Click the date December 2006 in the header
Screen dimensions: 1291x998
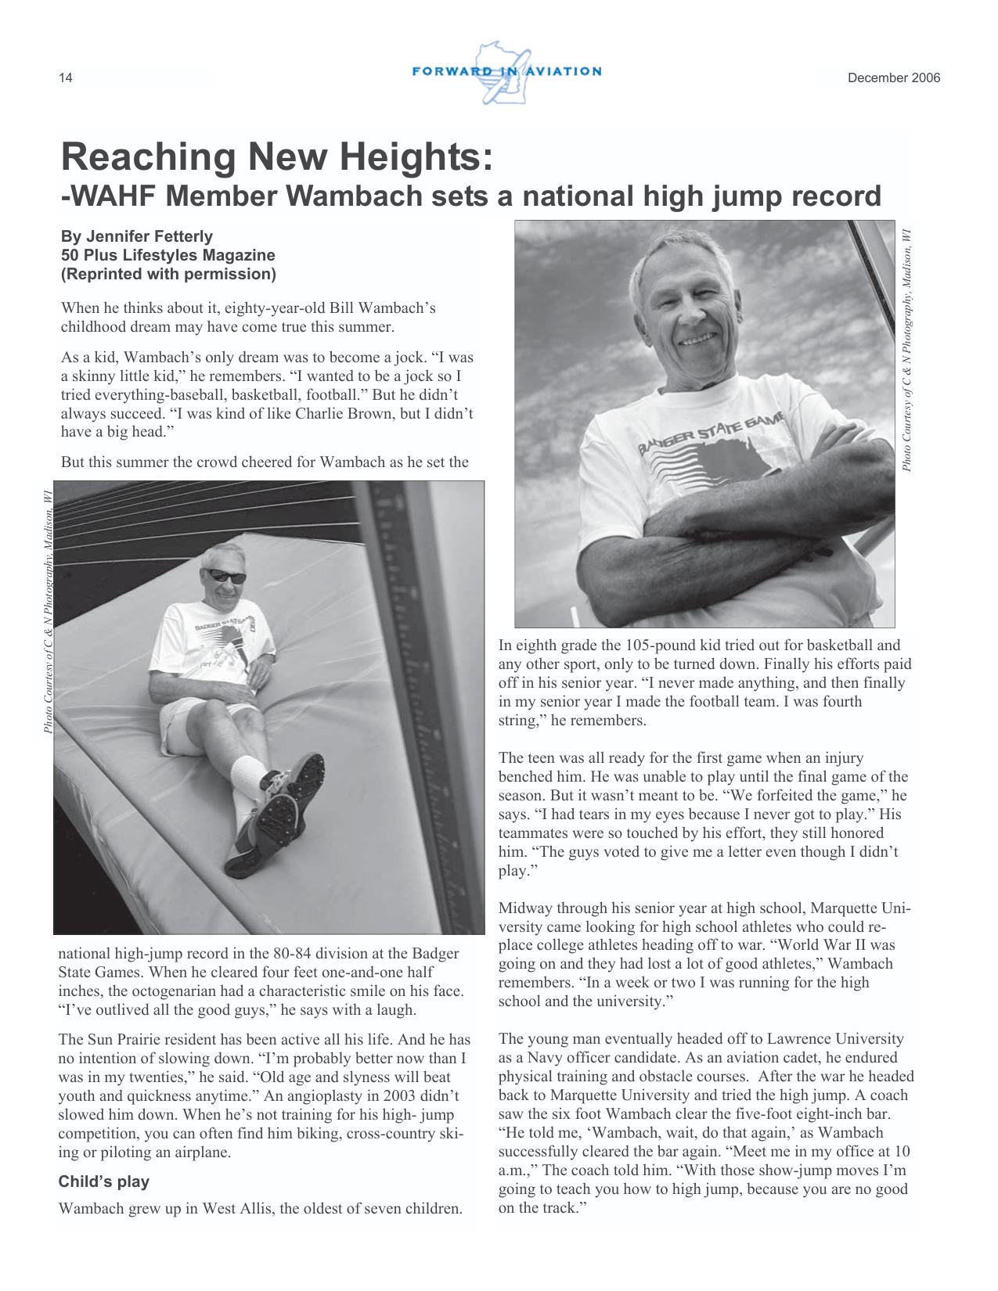pyautogui.click(x=894, y=78)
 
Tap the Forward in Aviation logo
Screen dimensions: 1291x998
pyautogui.click(x=506, y=72)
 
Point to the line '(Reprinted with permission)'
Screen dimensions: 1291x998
pyautogui.click(x=168, y=274)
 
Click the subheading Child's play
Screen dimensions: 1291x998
pyautogui.click(x=103, y=1181)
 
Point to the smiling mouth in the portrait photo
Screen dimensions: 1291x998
pyautogui.click(x=699, y=340)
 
